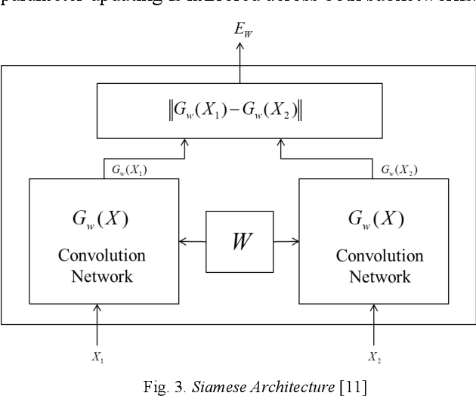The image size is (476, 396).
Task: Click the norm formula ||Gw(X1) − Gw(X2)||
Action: pyautogui.click(x=240, y=111)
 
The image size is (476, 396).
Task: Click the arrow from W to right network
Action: pyautogui.click(x=286, y=242)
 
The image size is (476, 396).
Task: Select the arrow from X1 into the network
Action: pyautogui.click(x=97, y=325)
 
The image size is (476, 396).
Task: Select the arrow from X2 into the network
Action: pyautogui.click(x=374, y=325)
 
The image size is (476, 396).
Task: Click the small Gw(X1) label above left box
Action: pyautogui.click(x=128, y=170)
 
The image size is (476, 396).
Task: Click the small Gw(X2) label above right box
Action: pyautogui.click(x=399, y=170)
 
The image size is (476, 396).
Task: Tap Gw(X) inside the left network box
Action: pyautogui.click(x=101, y=219)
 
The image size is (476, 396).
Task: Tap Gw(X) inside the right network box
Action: pyautogui.click(x=376, y=219)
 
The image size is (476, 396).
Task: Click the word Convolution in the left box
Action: pyautogui.click(x=102, y=255)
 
